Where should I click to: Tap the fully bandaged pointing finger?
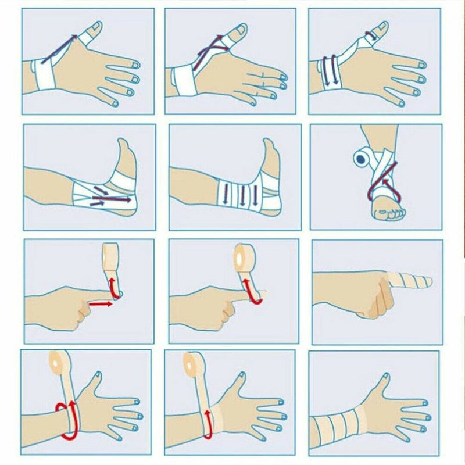(x=410, y=281)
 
